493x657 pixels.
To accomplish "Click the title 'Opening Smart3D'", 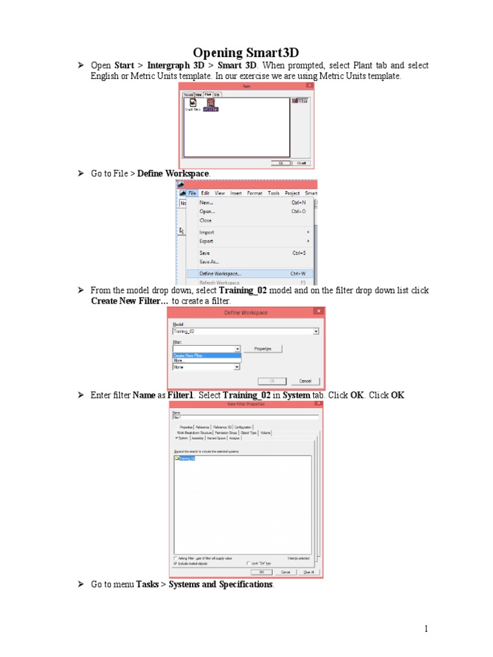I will point(247,52).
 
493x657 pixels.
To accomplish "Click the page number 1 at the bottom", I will point(426,629).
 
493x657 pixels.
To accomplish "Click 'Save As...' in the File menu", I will point(209,262).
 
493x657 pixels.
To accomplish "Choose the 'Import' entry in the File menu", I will point(207,232).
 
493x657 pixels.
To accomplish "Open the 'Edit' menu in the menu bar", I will point(205,192).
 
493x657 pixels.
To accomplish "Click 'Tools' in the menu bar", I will point(273,192).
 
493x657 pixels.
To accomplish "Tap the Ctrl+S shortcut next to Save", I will point(298,253).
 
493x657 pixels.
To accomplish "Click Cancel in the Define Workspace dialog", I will point(304,380).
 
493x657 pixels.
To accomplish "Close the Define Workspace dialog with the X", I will point(316,312).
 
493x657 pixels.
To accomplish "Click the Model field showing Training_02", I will point(246,331).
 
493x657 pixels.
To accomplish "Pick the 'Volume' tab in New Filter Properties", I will point(266,432).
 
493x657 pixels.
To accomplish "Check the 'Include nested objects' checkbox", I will point(176,563).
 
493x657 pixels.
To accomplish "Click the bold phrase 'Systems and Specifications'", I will point(221,584).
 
